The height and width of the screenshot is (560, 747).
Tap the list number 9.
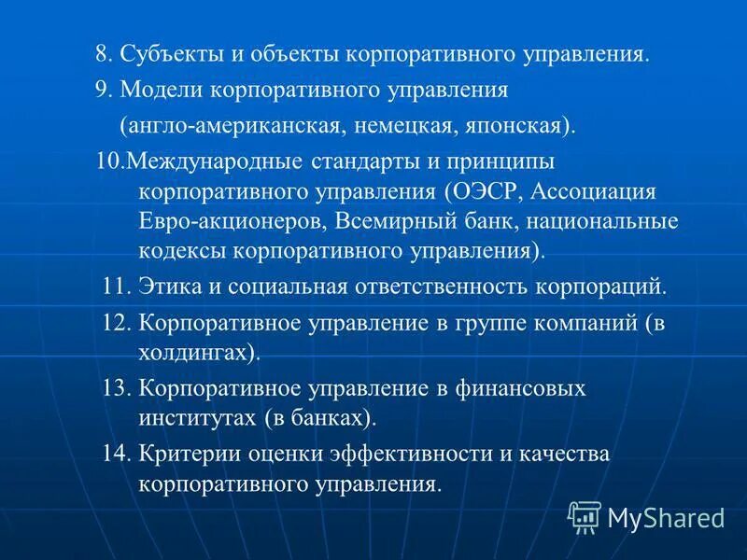[x=102, y=91]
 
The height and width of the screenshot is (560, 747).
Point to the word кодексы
[x=183, y=252]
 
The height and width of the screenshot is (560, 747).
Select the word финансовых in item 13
[x=531, y=388]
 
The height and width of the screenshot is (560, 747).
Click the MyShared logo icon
[x=585, y=516]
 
